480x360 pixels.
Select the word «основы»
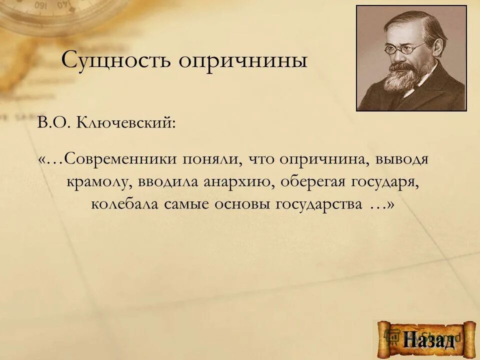tap(237, 205)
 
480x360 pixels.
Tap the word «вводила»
tap(167, 182)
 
